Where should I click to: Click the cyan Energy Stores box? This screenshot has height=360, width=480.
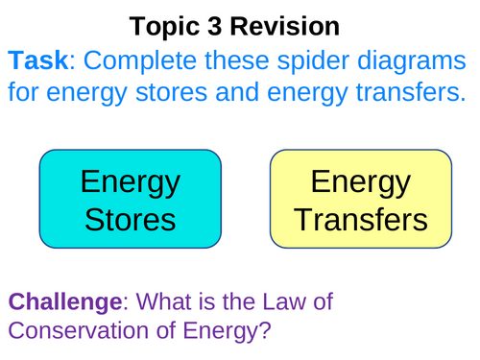130,199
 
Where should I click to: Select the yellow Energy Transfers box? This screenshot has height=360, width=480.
360,199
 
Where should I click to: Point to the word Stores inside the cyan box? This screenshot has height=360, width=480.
130,220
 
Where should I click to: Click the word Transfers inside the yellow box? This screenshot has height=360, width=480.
360,220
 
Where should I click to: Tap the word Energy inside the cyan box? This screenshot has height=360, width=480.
130,181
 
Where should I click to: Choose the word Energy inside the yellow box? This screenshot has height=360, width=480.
360,181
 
